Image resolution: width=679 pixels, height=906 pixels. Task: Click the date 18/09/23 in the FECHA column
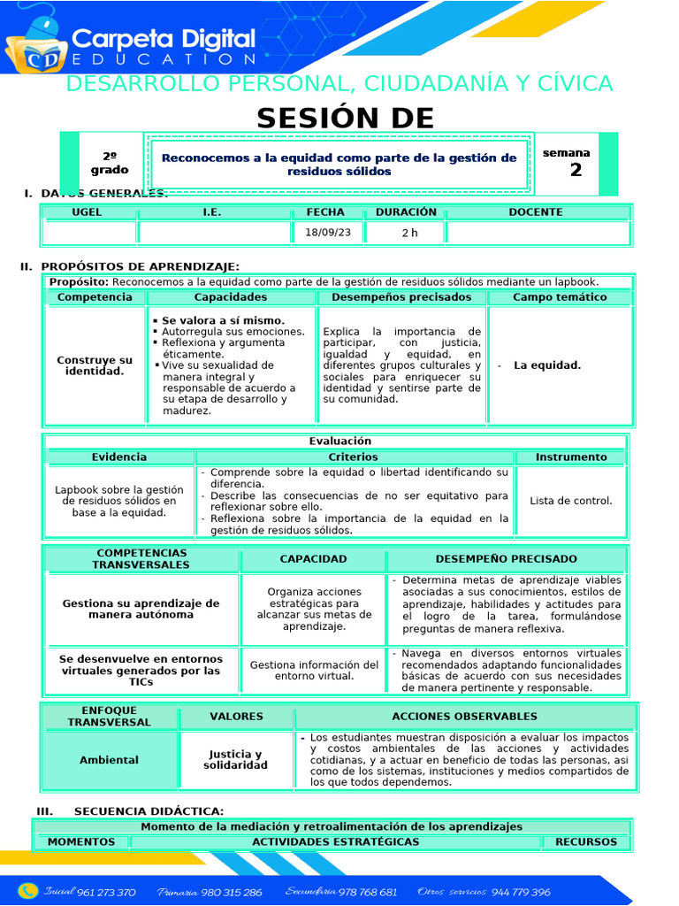327,233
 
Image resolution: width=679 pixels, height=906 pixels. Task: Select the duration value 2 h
408,233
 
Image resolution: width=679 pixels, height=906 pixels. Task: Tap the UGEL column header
87,212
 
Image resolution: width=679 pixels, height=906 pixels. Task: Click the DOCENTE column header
535,212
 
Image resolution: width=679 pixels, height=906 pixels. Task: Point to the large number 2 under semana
576,171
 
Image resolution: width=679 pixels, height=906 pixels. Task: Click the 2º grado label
110,164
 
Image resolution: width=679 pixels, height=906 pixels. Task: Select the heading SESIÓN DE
346,118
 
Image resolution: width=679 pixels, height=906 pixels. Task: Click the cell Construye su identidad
95,365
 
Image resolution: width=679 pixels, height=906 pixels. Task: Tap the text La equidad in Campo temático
547,365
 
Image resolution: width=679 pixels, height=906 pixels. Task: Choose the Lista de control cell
570,501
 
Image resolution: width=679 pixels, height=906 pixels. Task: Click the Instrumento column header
570,457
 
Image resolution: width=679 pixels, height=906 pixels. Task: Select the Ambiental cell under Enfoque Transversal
109,760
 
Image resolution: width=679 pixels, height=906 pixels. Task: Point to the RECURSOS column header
586,841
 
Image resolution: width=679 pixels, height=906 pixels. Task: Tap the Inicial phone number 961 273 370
106,892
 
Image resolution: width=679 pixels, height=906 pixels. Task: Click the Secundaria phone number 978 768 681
368,892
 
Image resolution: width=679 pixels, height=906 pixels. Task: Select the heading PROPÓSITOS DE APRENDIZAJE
140,266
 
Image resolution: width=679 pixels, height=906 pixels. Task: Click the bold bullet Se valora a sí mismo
223,320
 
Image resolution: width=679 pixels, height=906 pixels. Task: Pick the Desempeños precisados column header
401,297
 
